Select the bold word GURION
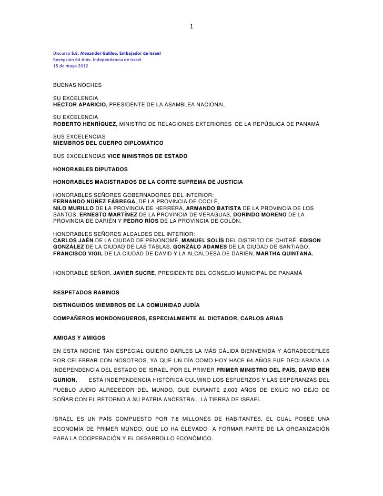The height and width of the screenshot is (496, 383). [65, 379]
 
